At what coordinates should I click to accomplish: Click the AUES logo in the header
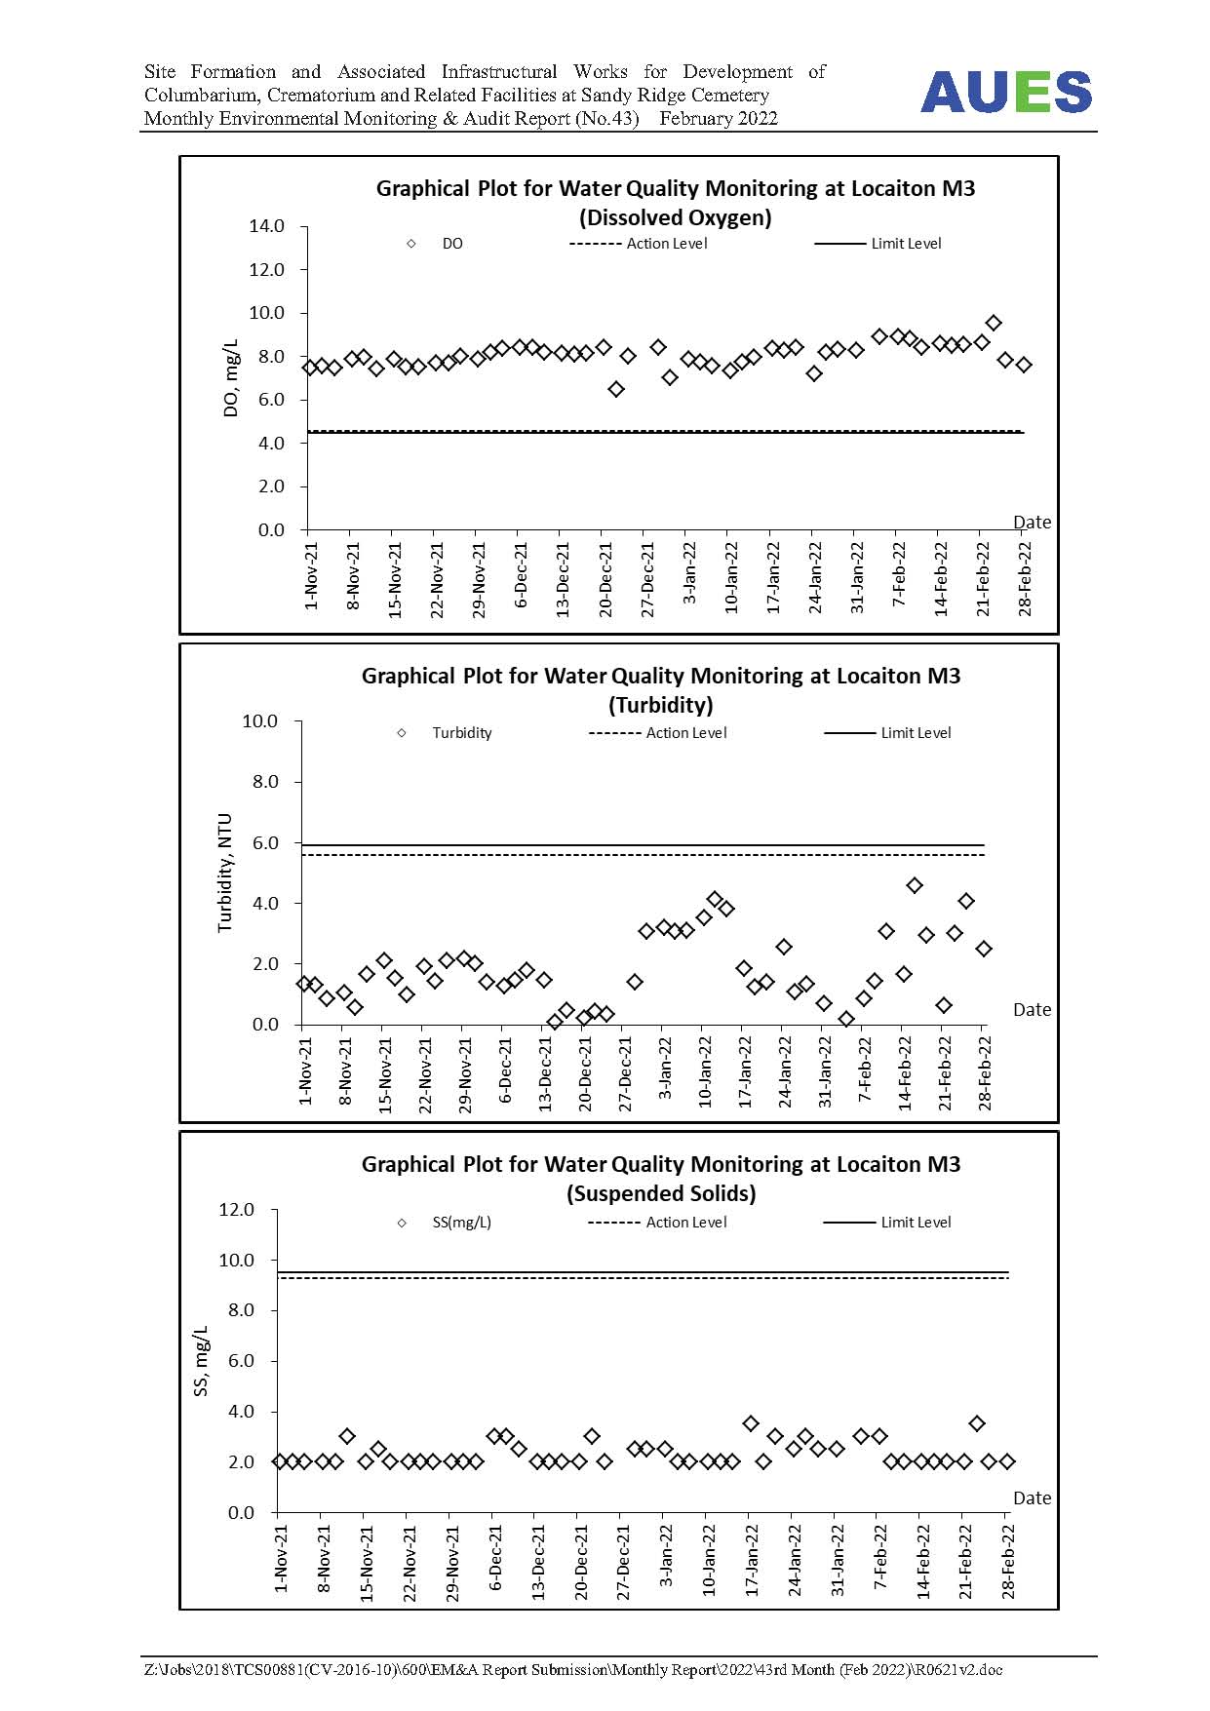click(x=1006, y=93)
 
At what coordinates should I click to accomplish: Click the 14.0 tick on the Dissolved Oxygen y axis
click(x=266, y=226)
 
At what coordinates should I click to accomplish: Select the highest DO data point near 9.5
click(x=994, y=323)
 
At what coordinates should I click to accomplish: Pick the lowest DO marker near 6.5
click(x=616, y=389)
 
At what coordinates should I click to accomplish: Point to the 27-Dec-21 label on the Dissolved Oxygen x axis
click(x=647, y=579)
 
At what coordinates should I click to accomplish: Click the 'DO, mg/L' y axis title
click(x=231, y=378)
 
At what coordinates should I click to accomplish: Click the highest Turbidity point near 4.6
click(x=915, y=885)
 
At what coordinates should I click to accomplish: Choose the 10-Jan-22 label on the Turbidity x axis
click(x=705, y=1072)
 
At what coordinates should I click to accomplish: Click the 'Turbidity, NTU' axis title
click(x=225, y=873)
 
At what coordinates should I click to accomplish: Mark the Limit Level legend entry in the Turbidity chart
click(x=887, y=733)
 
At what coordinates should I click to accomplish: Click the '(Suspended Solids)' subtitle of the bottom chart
click(x=661, y=1193)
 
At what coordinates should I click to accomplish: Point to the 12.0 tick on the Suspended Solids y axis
click(x=236, y=1210)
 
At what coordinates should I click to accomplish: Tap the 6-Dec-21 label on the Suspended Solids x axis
click(x=496, y=1559)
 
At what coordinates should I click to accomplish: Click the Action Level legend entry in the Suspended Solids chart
click(x=657, y=1223)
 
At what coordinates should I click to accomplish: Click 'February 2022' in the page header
click(x=719, y=119)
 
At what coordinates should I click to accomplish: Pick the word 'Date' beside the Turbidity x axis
click(x=1032, y=1010)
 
